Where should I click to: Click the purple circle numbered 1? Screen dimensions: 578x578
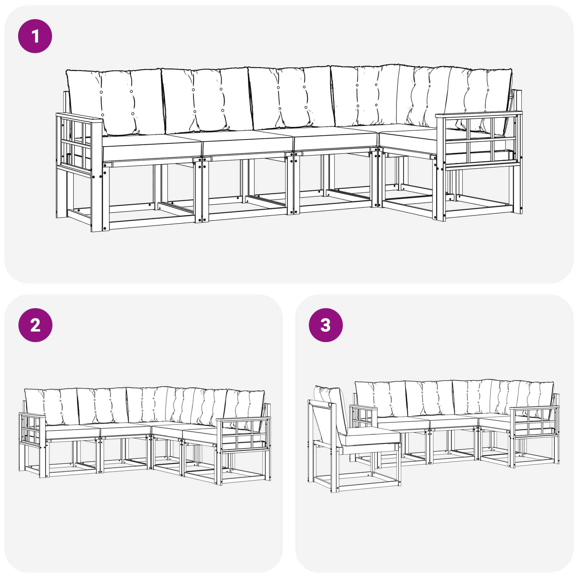point(35,36)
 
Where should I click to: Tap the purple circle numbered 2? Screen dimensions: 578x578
point(35,325)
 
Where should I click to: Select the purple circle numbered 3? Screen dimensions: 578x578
point(325,325)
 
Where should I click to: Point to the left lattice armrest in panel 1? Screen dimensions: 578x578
point(79,144)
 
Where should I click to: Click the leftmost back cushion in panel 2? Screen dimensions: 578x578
point(51,406)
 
